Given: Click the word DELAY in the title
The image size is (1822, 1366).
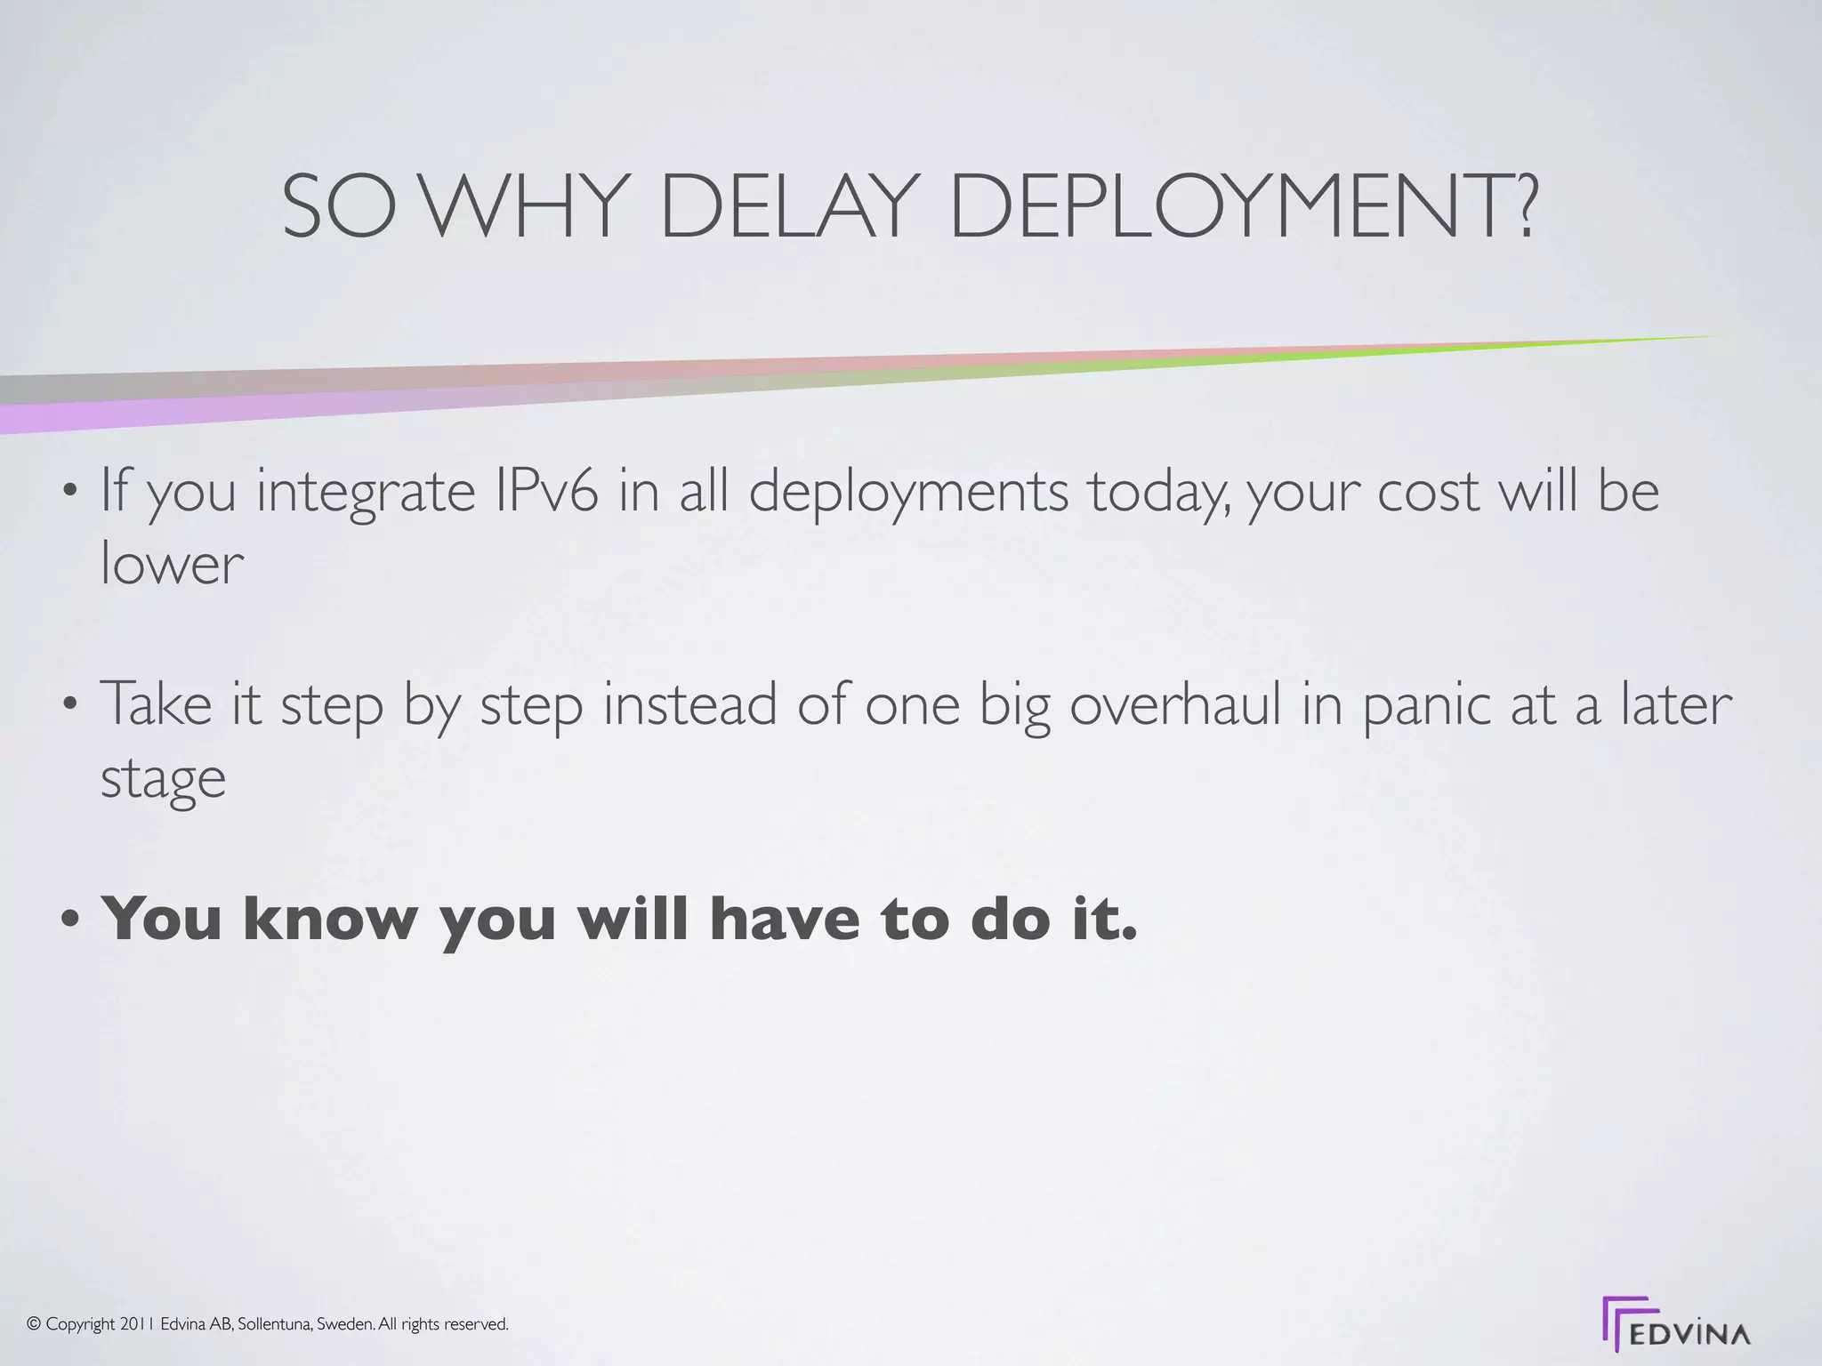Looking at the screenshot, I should (x=787, y=207).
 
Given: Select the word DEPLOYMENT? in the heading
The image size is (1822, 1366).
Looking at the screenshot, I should (x=1243, y=207).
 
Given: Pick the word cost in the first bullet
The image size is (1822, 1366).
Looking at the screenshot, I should (x=1427, y=492).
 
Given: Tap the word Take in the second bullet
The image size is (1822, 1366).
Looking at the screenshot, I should (x=155, y=703).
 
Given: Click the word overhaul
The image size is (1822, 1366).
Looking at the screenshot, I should (x=1173, y=703).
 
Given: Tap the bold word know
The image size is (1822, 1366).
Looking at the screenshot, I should (x=330, y=918).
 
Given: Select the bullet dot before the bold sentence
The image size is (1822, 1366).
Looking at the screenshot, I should (x=71, y=920).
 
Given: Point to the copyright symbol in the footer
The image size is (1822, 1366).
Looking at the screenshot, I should (x=35, y=1324).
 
